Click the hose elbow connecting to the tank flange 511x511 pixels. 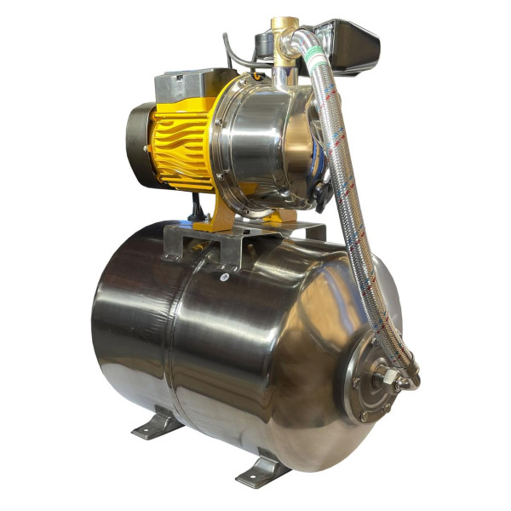coord(407,375)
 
